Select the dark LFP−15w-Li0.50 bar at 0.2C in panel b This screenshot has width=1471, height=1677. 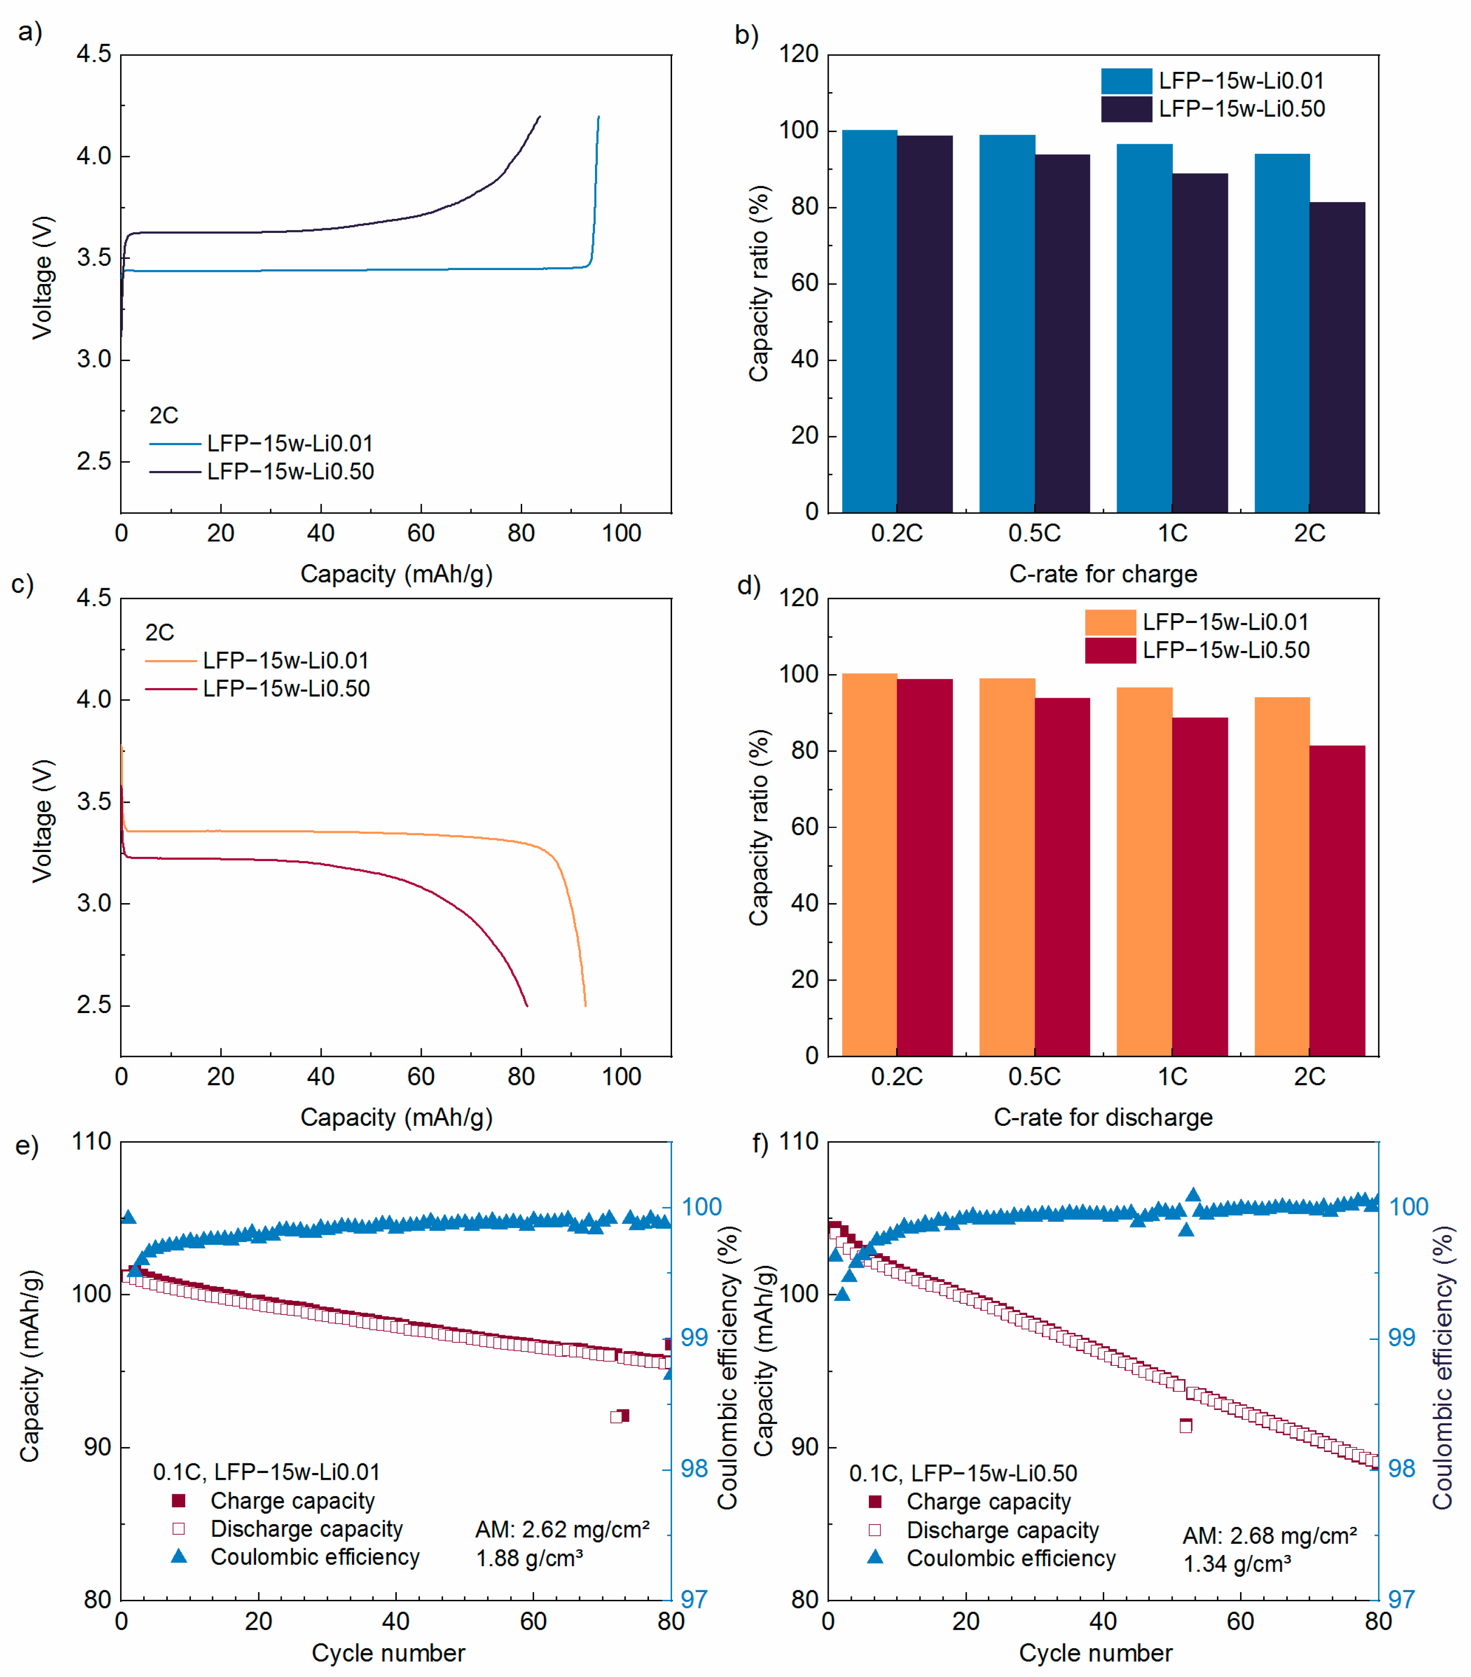[925, 324]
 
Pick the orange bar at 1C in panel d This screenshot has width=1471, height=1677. [1144, 871]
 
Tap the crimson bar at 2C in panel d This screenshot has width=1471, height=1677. [1337, 900]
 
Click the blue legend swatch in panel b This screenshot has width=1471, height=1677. [1126, 81]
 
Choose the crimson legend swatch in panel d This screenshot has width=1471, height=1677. [1110, 650]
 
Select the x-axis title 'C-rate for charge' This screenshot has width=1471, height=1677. [1103, 573]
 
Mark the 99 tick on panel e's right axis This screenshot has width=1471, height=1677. [694, 1338]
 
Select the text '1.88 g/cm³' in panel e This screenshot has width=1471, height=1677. [529, 1557]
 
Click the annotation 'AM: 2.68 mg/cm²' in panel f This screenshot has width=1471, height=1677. [1269, 1536]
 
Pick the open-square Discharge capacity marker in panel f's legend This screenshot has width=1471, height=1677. [875, 1529]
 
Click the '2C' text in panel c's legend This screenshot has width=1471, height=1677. [160, 633]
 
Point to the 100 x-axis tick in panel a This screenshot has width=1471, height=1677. [621, 533]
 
